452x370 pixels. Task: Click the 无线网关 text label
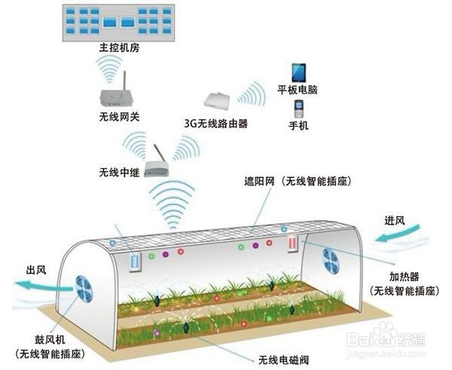click(119, 117)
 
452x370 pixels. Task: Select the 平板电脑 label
click(298, 90)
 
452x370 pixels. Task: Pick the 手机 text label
click(298, 126)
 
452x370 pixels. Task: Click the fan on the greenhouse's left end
click(82, 287)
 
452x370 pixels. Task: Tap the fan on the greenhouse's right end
click(331, 260)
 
